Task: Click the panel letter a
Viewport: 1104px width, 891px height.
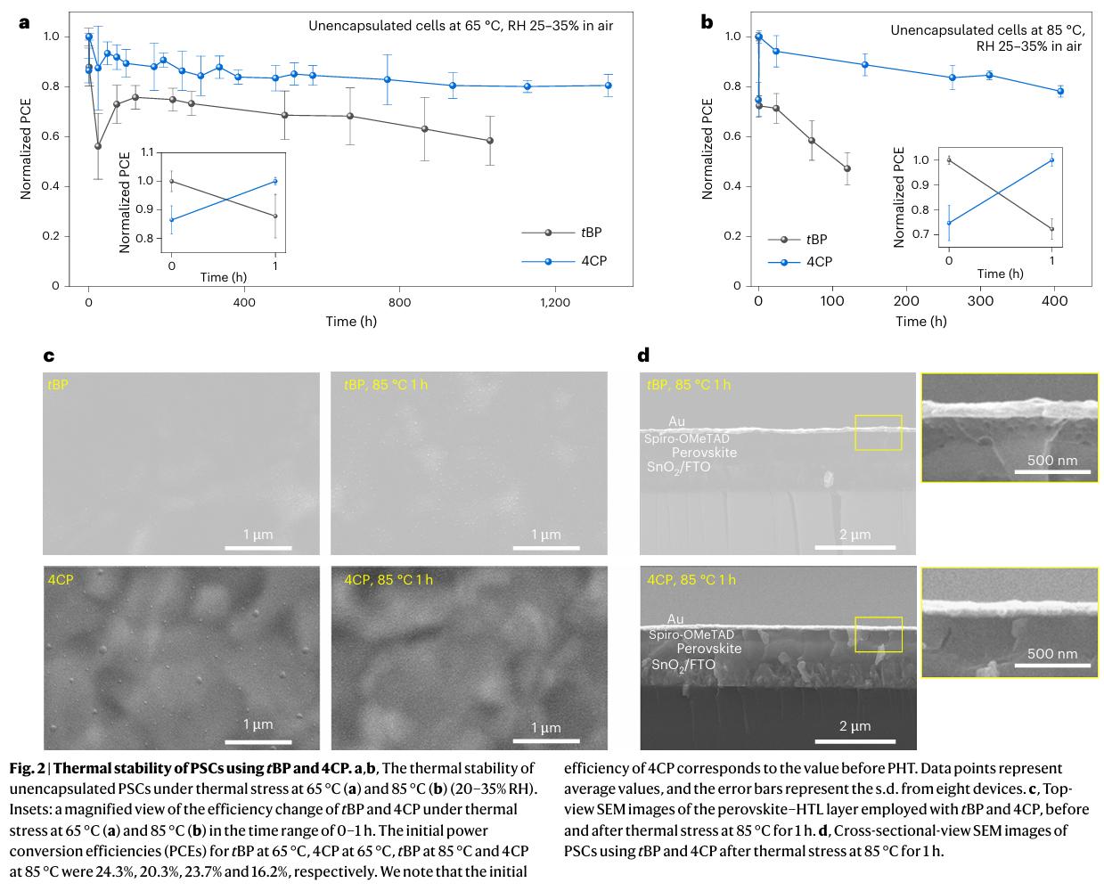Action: pos(24,22)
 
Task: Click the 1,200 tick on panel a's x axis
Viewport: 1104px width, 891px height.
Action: pos(555,303)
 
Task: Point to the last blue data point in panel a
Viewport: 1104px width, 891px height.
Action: pos(609,86)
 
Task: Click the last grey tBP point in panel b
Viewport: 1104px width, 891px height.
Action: pos(846,168)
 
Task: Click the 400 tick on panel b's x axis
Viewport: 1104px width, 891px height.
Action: pos(1055,302)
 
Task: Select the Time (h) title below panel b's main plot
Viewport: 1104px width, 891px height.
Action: pos(921,321)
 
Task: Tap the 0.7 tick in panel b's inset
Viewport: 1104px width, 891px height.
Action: pos(923,234)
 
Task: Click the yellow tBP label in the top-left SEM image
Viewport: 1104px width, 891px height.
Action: pos(59,384)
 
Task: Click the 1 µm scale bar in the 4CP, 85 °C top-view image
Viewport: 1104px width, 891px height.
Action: pos(546,740)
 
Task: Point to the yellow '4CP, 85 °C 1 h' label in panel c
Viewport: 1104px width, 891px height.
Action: pos(388,579)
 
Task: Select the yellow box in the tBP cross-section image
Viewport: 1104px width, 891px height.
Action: pos(878,432)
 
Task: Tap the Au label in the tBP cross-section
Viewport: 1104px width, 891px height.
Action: pos(676,421)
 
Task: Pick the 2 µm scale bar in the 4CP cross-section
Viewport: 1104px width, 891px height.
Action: pos(855,739)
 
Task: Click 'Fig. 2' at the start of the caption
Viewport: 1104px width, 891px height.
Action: pos(25,768)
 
